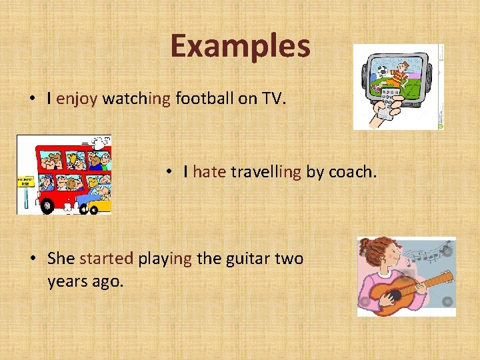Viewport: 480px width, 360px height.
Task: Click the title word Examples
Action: click(x=240, y=47)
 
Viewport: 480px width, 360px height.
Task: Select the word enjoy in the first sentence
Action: click(x=77, y=99)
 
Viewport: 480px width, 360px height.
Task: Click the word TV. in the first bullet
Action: click(x=272, y=99)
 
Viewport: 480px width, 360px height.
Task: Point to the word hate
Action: click(x=209, y=172)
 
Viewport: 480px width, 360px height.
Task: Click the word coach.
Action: click(x=352, y=172)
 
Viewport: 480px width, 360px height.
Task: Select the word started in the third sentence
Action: click(x=106, y=259)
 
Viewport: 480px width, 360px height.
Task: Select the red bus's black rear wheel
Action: click(x=47, y=207)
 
